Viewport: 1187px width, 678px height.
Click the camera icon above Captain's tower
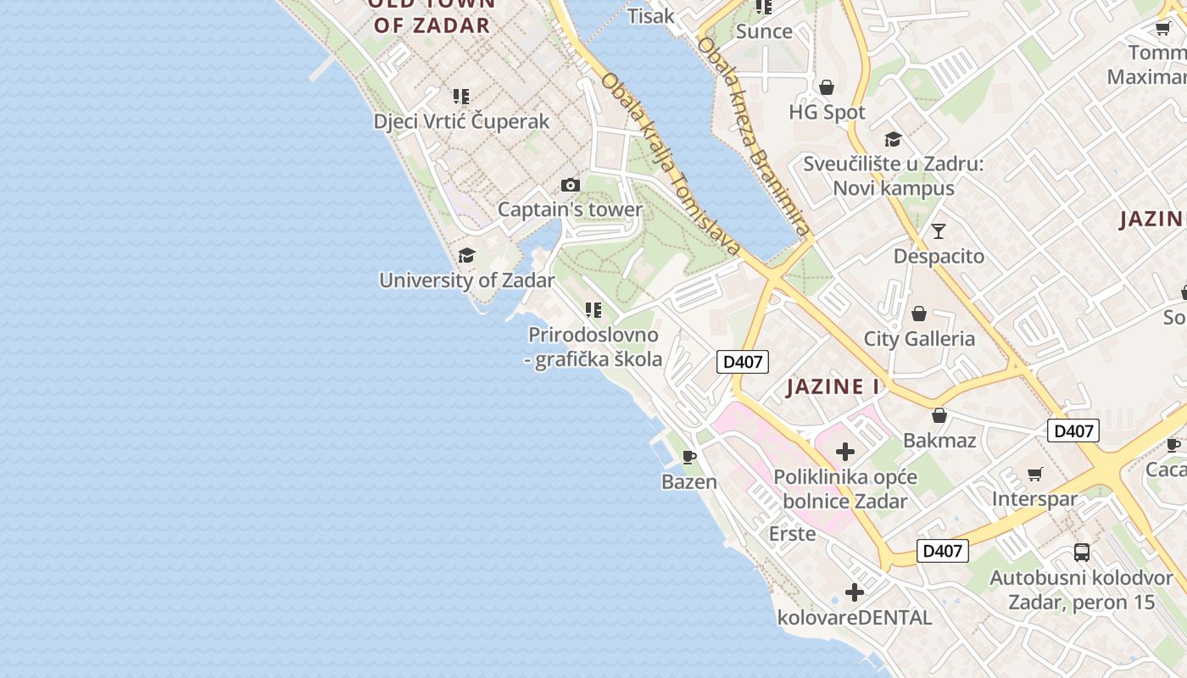[x=571, y=186]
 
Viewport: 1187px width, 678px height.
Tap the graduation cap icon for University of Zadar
[x=466, y=256]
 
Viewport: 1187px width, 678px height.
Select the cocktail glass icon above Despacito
[x=939, y=231]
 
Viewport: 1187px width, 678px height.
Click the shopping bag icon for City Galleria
[x=919, y=314]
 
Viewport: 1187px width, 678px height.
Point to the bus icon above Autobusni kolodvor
[x=1082, y=553]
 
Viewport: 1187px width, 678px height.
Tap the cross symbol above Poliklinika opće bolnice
[x=845, y=452]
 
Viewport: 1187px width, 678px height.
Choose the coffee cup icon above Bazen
[x=689, y=458]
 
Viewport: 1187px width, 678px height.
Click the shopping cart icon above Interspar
[x=1034, y=474]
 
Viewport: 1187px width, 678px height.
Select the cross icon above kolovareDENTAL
[x=855, y=592]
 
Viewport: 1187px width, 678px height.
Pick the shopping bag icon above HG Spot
[x=827, y=87]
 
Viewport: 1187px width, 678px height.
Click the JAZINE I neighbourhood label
[x=833, y=387]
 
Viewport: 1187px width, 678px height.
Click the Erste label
[x=792, y=534]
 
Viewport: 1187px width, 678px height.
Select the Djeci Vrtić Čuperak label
[x=461, y=121]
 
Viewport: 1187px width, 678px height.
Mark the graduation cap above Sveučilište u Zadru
[x=893, y=140]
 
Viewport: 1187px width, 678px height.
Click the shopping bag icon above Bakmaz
[x=939, y=415]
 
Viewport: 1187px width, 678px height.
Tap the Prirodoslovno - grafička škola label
[x=593, y=347]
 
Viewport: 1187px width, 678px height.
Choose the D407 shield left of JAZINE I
[x=742, y=362]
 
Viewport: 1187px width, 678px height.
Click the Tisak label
[x=651, y=15]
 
